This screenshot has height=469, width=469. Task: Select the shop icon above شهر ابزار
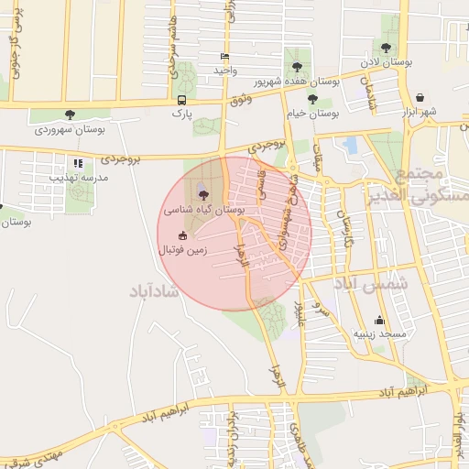pos(419,96)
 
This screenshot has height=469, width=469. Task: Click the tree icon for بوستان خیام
pos(312,99)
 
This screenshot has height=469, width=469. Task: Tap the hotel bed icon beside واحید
pos(225,57)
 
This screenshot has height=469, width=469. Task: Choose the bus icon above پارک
pos(181,100)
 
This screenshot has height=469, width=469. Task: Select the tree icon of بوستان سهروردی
pos(71,115)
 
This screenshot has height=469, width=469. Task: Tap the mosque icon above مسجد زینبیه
pos(379,320)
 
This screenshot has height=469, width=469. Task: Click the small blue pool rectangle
pos(351,145)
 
